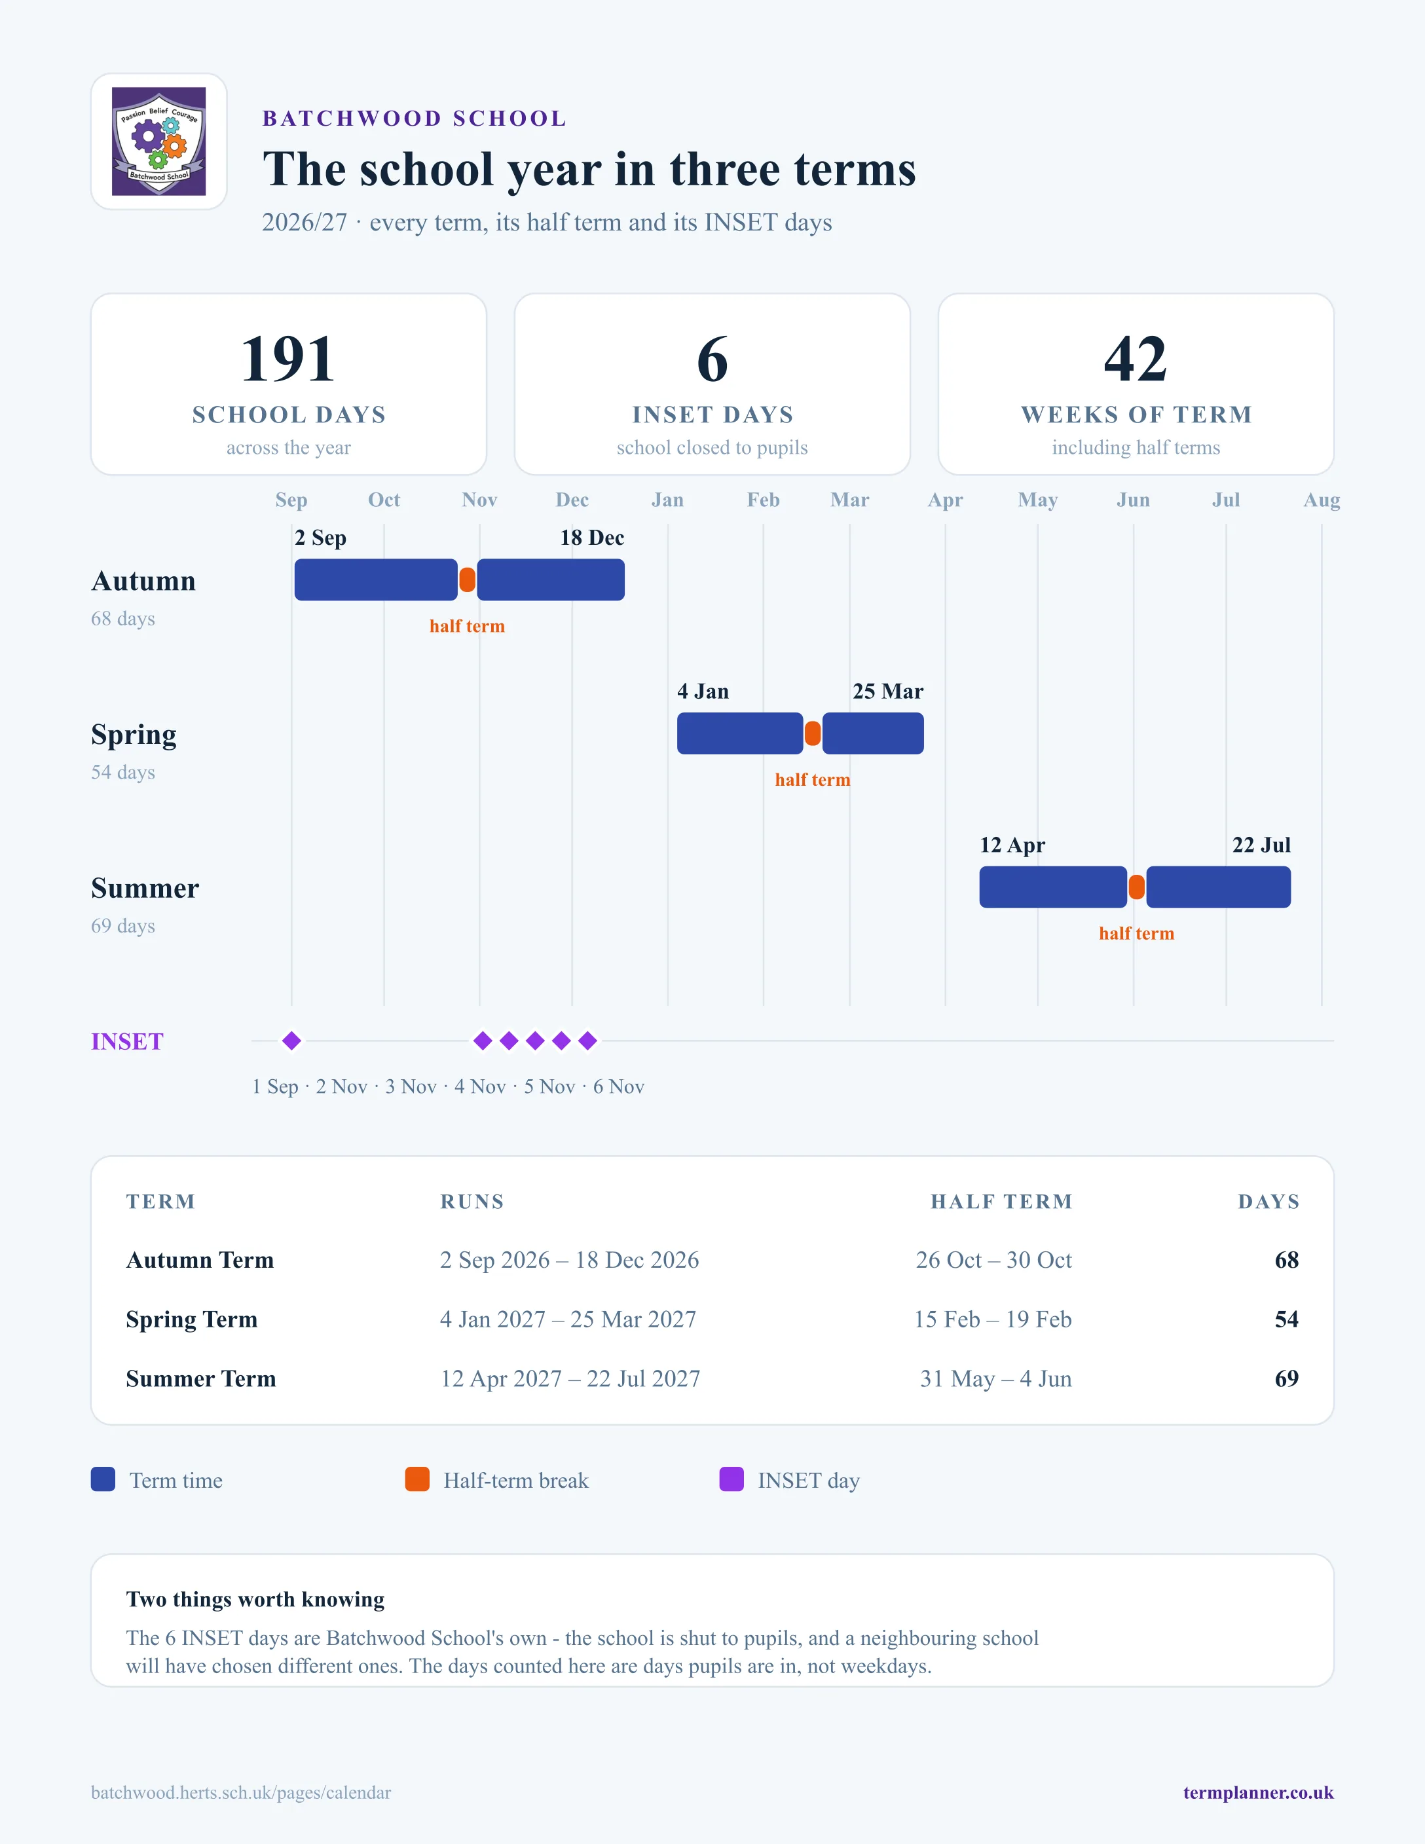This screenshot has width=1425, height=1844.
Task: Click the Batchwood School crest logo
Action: [x=158, y=141]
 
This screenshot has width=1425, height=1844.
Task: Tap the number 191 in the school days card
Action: [x=288, y=359]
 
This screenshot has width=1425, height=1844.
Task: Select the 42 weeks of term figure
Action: [x=1136, y=359]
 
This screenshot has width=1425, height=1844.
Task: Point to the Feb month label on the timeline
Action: [x=763, y=500]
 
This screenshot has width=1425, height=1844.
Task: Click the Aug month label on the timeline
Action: [x=1321, y=500]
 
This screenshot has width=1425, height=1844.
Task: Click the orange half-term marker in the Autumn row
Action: [x=467, y=580]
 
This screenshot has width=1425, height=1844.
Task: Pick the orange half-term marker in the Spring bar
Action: [x=813, y=733]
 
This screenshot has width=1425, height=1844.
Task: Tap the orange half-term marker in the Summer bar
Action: [x=1137, y=887]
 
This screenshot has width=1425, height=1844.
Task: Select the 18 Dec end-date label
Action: [x=592, y=538]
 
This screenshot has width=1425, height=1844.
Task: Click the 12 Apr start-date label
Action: [x=1012, y=845]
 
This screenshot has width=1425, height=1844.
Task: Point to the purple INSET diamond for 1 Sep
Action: [x=291, y=1041]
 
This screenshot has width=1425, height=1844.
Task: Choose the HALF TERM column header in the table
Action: [x=1001, y=1202]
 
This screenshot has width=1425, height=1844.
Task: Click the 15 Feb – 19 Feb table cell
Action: [x=993, y=1319]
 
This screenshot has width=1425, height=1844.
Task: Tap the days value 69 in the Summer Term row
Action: [x=1287, y=1378]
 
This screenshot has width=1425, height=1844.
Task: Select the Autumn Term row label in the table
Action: [x=200, y=1260]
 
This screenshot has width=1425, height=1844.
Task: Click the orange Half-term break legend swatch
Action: [x=417, y=1479]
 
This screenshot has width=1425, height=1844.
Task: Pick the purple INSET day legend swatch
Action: [x=731, y=1479]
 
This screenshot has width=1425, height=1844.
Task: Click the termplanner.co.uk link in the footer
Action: [x=1258, y=1792]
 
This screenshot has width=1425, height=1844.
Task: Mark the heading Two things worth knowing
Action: [x=255, y=1599]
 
